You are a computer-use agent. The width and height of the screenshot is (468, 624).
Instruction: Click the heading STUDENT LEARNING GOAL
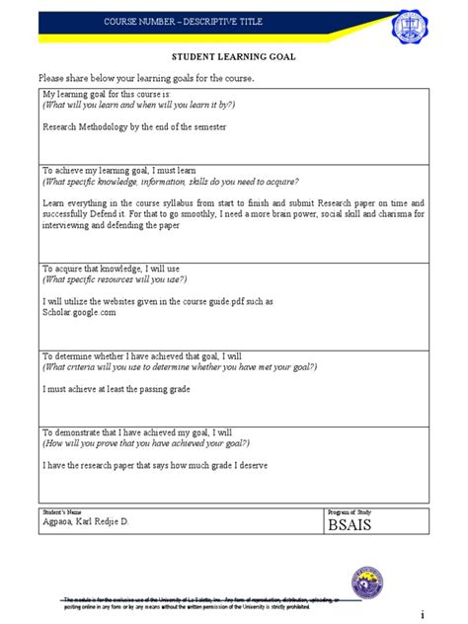[234, 57]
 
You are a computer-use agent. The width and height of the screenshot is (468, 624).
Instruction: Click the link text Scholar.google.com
[80, 312]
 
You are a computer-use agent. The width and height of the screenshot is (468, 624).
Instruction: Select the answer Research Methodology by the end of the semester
[134, 126]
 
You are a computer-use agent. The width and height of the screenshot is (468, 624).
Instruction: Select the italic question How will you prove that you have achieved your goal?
[150, 443]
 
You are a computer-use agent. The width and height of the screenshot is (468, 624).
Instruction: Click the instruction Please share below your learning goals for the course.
[145, 78]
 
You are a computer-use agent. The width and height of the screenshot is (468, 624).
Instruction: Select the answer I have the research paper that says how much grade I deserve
[155, 465]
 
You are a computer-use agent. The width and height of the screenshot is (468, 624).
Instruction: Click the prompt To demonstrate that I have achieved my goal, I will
[136, 432]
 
